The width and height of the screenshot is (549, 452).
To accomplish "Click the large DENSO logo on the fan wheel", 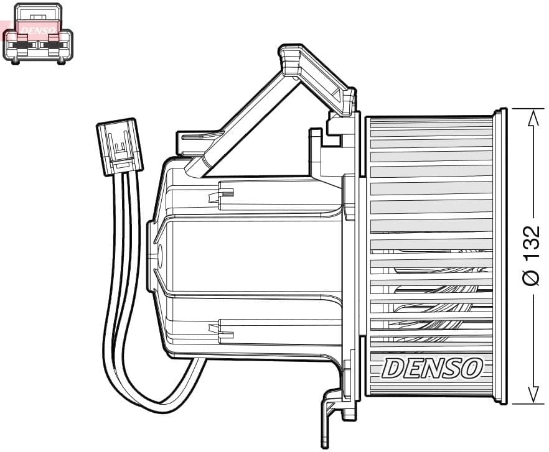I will [433, 368].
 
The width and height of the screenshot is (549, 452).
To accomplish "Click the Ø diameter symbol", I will [530, 277].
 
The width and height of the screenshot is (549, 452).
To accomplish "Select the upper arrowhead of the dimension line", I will [532, 119].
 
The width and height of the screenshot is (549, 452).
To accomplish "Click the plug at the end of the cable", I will [120, 147].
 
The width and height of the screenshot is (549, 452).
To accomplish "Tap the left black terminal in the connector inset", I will [24, 44].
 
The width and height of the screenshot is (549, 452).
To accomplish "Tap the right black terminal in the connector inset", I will [53, 44].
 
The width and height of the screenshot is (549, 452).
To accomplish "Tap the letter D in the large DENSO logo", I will [392, 368].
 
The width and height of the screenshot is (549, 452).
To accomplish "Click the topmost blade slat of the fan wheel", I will [431, 124].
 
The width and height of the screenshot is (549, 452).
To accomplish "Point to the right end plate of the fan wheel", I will [500, 255].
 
